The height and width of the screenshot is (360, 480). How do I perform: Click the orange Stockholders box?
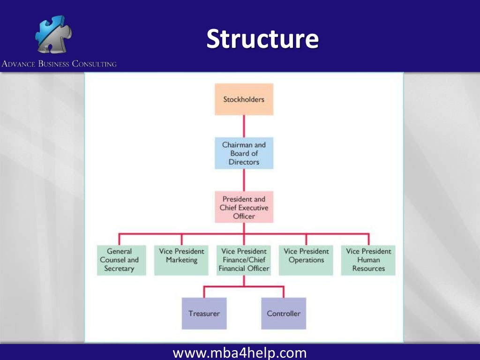244,99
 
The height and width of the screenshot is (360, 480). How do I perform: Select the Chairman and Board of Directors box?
244,153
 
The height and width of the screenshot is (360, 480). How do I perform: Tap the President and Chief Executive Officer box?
244,207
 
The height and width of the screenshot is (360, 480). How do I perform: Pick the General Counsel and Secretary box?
120,260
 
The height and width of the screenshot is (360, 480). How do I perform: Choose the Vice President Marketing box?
181,260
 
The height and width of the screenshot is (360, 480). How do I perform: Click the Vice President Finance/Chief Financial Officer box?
244,260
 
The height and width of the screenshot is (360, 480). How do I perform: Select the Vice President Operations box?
306,260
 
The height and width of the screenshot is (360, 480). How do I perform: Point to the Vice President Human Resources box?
368,260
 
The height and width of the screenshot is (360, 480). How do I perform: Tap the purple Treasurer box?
204,314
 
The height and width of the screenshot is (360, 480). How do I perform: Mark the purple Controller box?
284,314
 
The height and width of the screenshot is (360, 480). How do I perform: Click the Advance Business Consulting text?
59,64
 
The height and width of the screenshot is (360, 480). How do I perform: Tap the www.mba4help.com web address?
240,352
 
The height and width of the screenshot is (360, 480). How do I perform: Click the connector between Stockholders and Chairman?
244,126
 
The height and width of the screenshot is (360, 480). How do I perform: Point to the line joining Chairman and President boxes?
244,180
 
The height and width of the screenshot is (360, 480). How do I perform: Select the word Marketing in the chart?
181,260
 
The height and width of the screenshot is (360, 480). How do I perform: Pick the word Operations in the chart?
306,260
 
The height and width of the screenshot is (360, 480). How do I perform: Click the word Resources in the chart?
368,269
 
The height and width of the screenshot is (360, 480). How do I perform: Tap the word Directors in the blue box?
244,162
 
